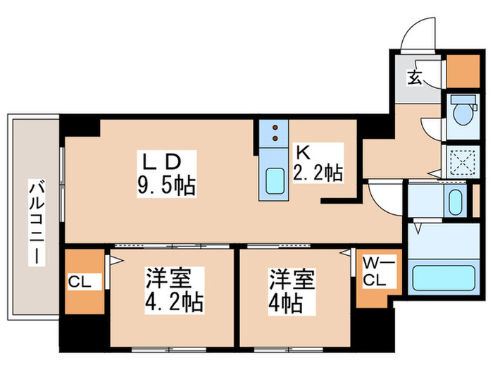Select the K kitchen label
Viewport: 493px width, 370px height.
pos(301,152)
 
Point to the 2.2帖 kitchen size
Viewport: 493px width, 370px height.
pos(318,173)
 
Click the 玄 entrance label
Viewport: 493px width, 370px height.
pos(415,77)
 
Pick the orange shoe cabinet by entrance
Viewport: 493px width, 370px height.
pos(463,70)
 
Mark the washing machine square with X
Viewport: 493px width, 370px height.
pos(461,161)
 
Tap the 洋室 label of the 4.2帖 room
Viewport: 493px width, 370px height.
pos(165,278)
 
